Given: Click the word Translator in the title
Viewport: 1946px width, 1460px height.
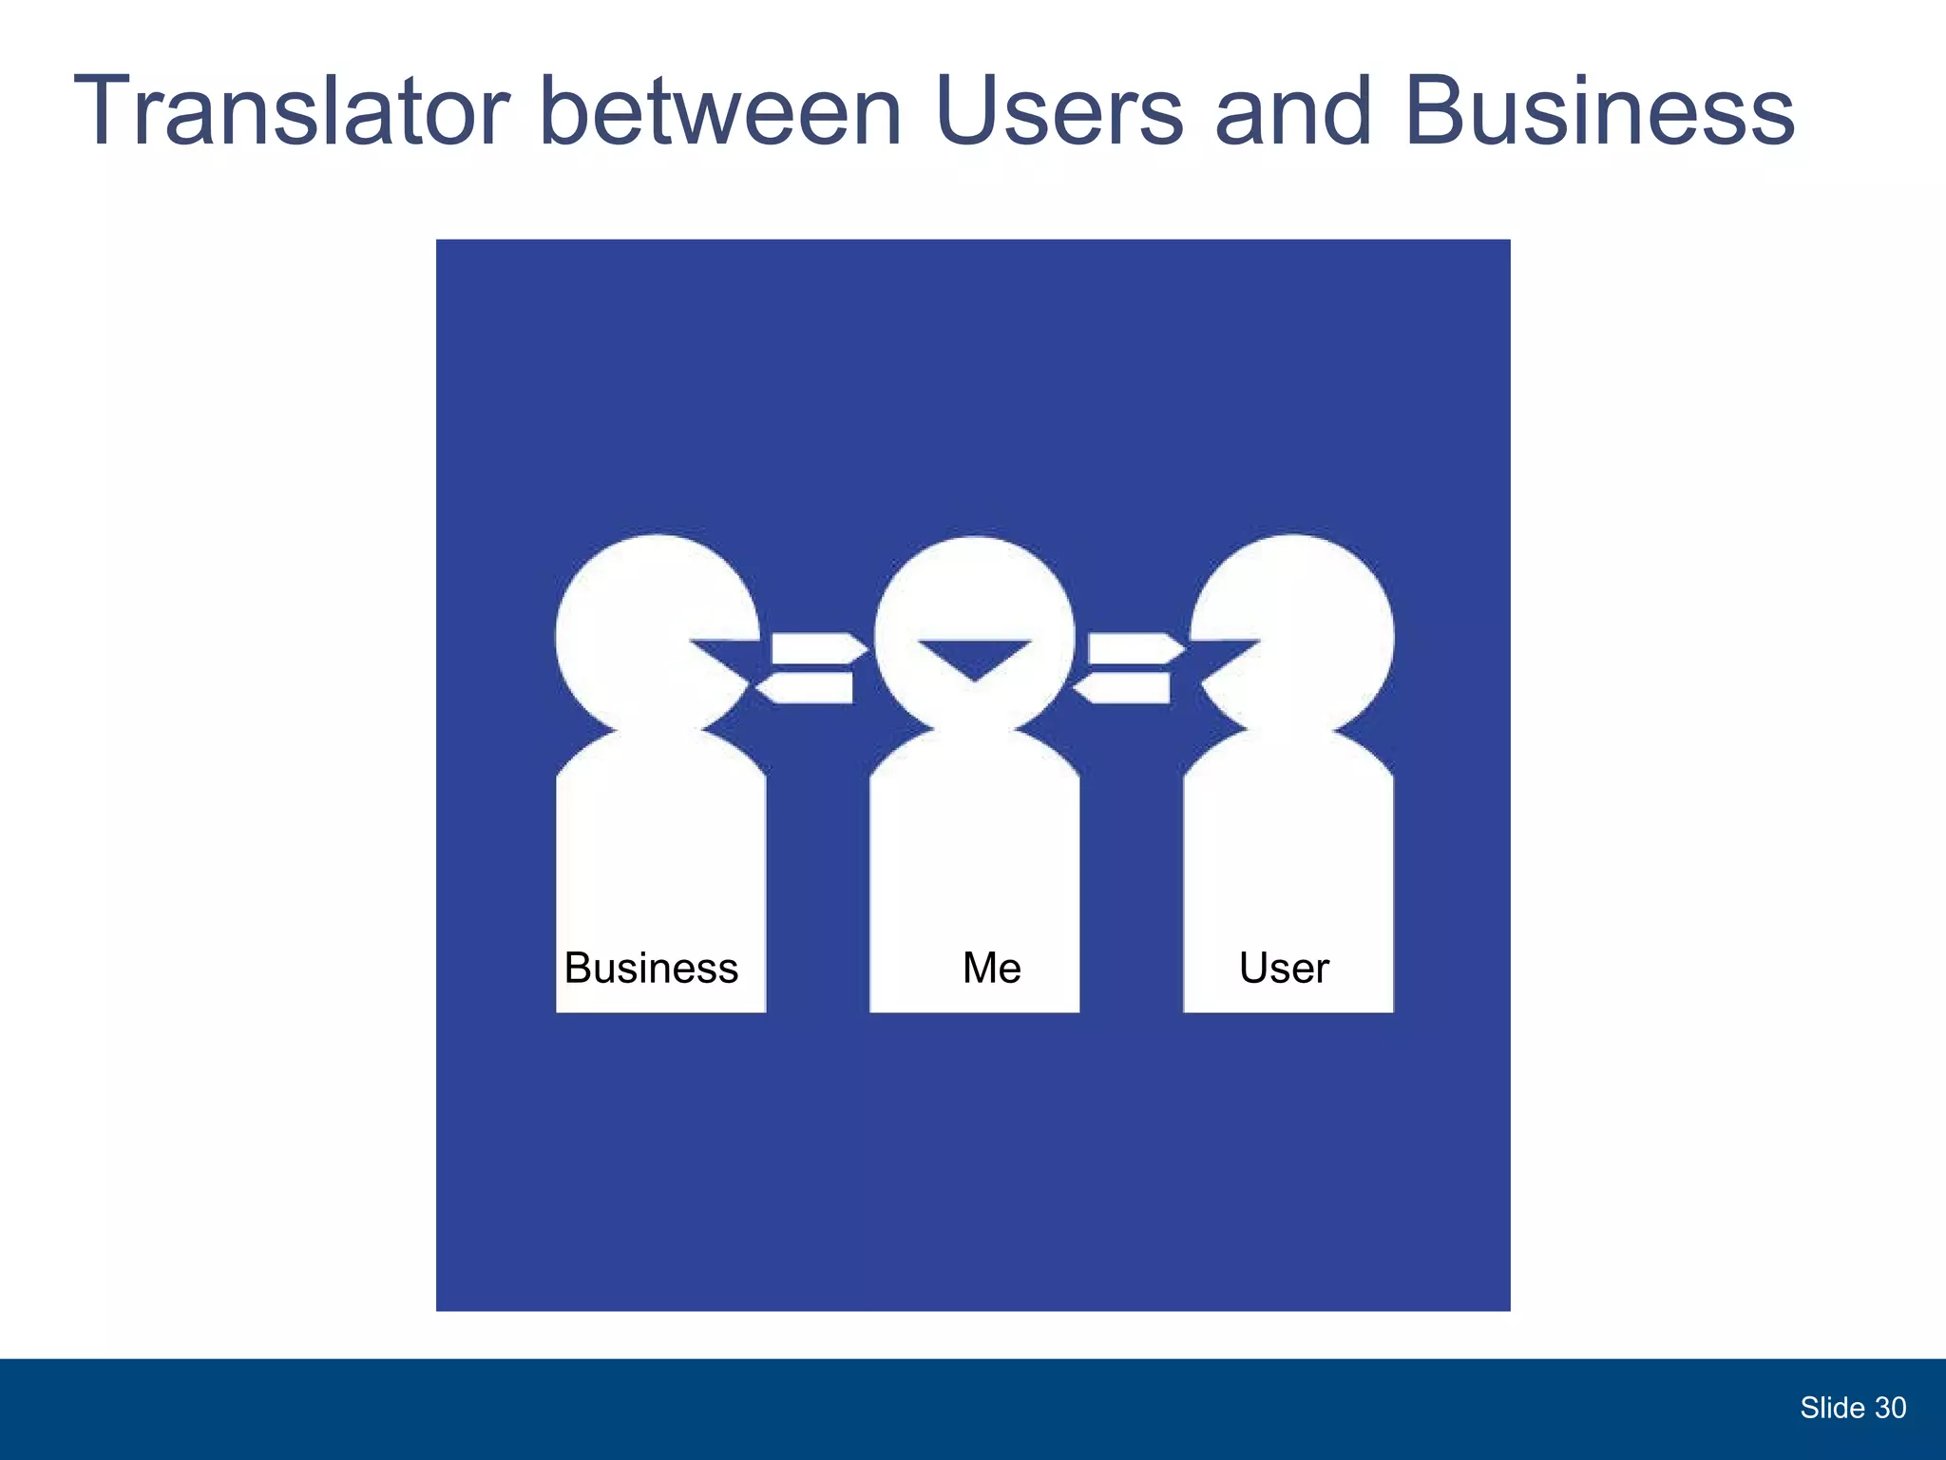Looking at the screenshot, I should click(x=290, y=112).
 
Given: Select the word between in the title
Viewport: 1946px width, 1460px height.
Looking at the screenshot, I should click(x=720, y=112).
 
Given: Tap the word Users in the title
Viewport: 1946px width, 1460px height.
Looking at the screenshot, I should click(x=1059, y=112).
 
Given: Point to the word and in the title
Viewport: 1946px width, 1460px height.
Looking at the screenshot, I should click(x=1293, y=112).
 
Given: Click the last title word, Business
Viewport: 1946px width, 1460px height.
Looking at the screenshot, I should click(x=1598, y=112).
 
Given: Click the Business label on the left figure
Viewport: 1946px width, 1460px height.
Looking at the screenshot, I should click(x=651, y=969).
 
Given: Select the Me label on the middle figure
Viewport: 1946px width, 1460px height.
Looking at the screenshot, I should click(x=991, y=969).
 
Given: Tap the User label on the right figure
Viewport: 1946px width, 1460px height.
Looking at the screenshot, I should click(x=1284, y=969).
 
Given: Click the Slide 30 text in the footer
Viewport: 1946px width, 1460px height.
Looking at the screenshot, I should click(x=1852, y=1408).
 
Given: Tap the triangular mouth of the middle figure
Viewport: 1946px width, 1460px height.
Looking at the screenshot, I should click(x=974, y=657).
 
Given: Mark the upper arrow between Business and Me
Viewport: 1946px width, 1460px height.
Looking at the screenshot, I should click(x=817, y=648).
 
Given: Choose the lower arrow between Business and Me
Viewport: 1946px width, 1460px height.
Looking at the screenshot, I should click(x=808, y=687).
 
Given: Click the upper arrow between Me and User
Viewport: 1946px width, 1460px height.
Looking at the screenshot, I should click(x=1134, y=648).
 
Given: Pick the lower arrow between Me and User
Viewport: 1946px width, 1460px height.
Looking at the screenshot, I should click(x=1124, y=687).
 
